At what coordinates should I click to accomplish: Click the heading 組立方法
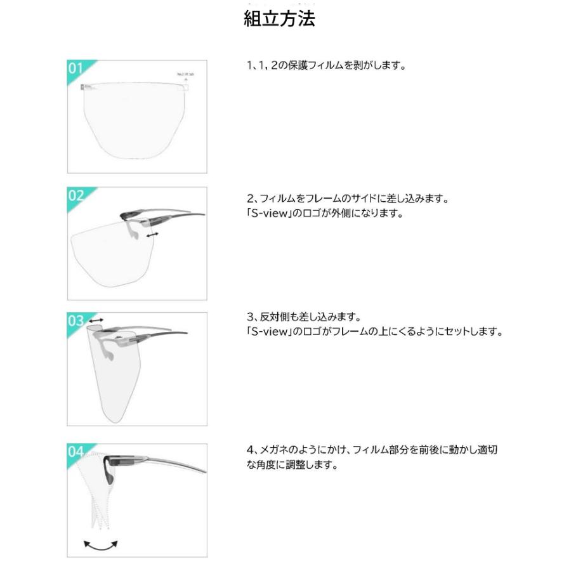[x=279, y=18]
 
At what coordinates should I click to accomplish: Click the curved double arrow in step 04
[x=102, y=544]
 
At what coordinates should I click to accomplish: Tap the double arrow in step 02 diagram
[x=152, y=235]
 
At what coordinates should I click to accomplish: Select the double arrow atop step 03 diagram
[x=97, y=322]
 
